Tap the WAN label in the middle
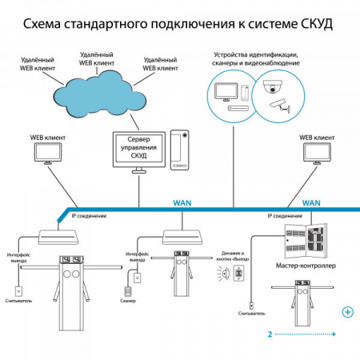(182, 203)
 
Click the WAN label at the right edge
(311, 203)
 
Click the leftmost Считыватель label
(18, 304)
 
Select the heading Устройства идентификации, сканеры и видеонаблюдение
(255, 59)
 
